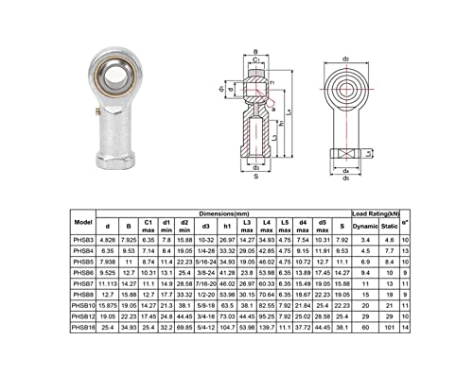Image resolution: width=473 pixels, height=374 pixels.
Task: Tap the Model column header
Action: (82, 223)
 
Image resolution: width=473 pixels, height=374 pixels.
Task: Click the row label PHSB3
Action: (82, 242)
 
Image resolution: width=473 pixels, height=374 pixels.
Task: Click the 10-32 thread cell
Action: (203, 242)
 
